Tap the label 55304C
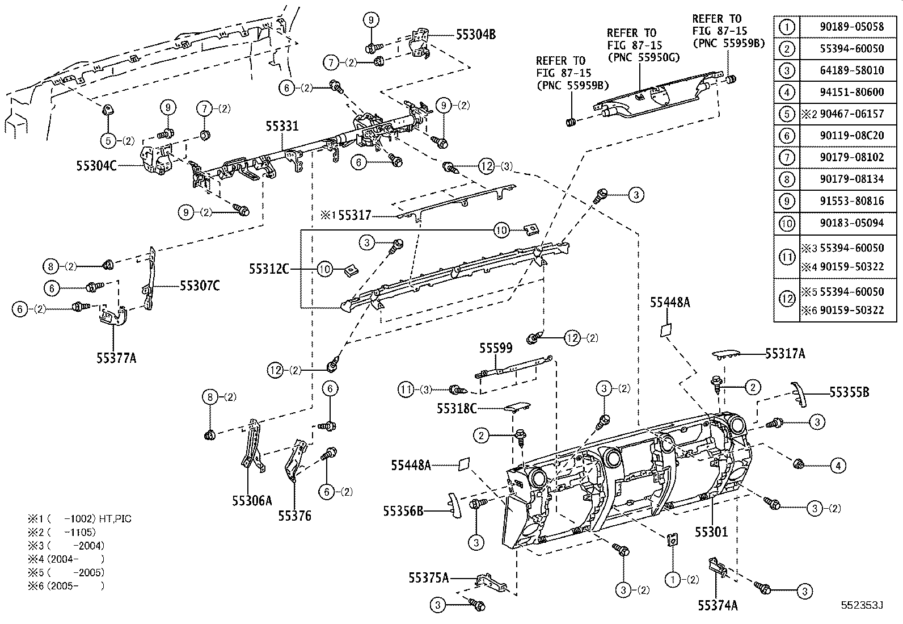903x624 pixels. click(96, 166)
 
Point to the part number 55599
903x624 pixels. click(496, 347)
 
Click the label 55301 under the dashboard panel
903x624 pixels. click(712, 531)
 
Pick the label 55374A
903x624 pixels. click(718, 605)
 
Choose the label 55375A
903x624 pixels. click(428, 577)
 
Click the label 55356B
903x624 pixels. click(403, 511)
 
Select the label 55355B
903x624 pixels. click(849, 392)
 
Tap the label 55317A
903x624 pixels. click(785, 354)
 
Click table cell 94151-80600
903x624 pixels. click(851, 92)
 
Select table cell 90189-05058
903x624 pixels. click(851, 27)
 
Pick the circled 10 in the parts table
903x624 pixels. click(787, 223)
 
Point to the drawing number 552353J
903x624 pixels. click(862, 606)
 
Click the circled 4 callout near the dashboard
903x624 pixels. click(838, 466)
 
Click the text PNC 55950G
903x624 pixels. click(643, 57)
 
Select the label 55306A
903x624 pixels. click(252, 500)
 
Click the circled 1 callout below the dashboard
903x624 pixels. click(673, 580)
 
